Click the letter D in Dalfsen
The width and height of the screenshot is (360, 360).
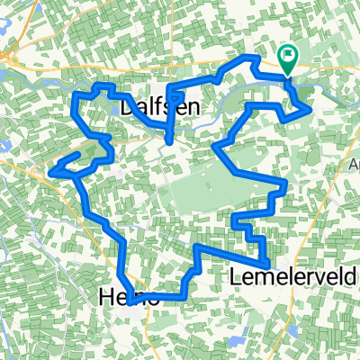pyautogui.click(x=126, y=107)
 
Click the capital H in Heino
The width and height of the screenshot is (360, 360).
pyautogui.click(x=106, y=298)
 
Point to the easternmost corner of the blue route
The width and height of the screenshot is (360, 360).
pyautogui.click(x=310, y=110)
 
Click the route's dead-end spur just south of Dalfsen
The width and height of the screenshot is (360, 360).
pyautogui.click(x=171, y=140)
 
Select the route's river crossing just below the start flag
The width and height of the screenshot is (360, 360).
pyautogui.click(x=291, y=87)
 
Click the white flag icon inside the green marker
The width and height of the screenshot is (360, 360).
pyautogui.click(x=290, y=57)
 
